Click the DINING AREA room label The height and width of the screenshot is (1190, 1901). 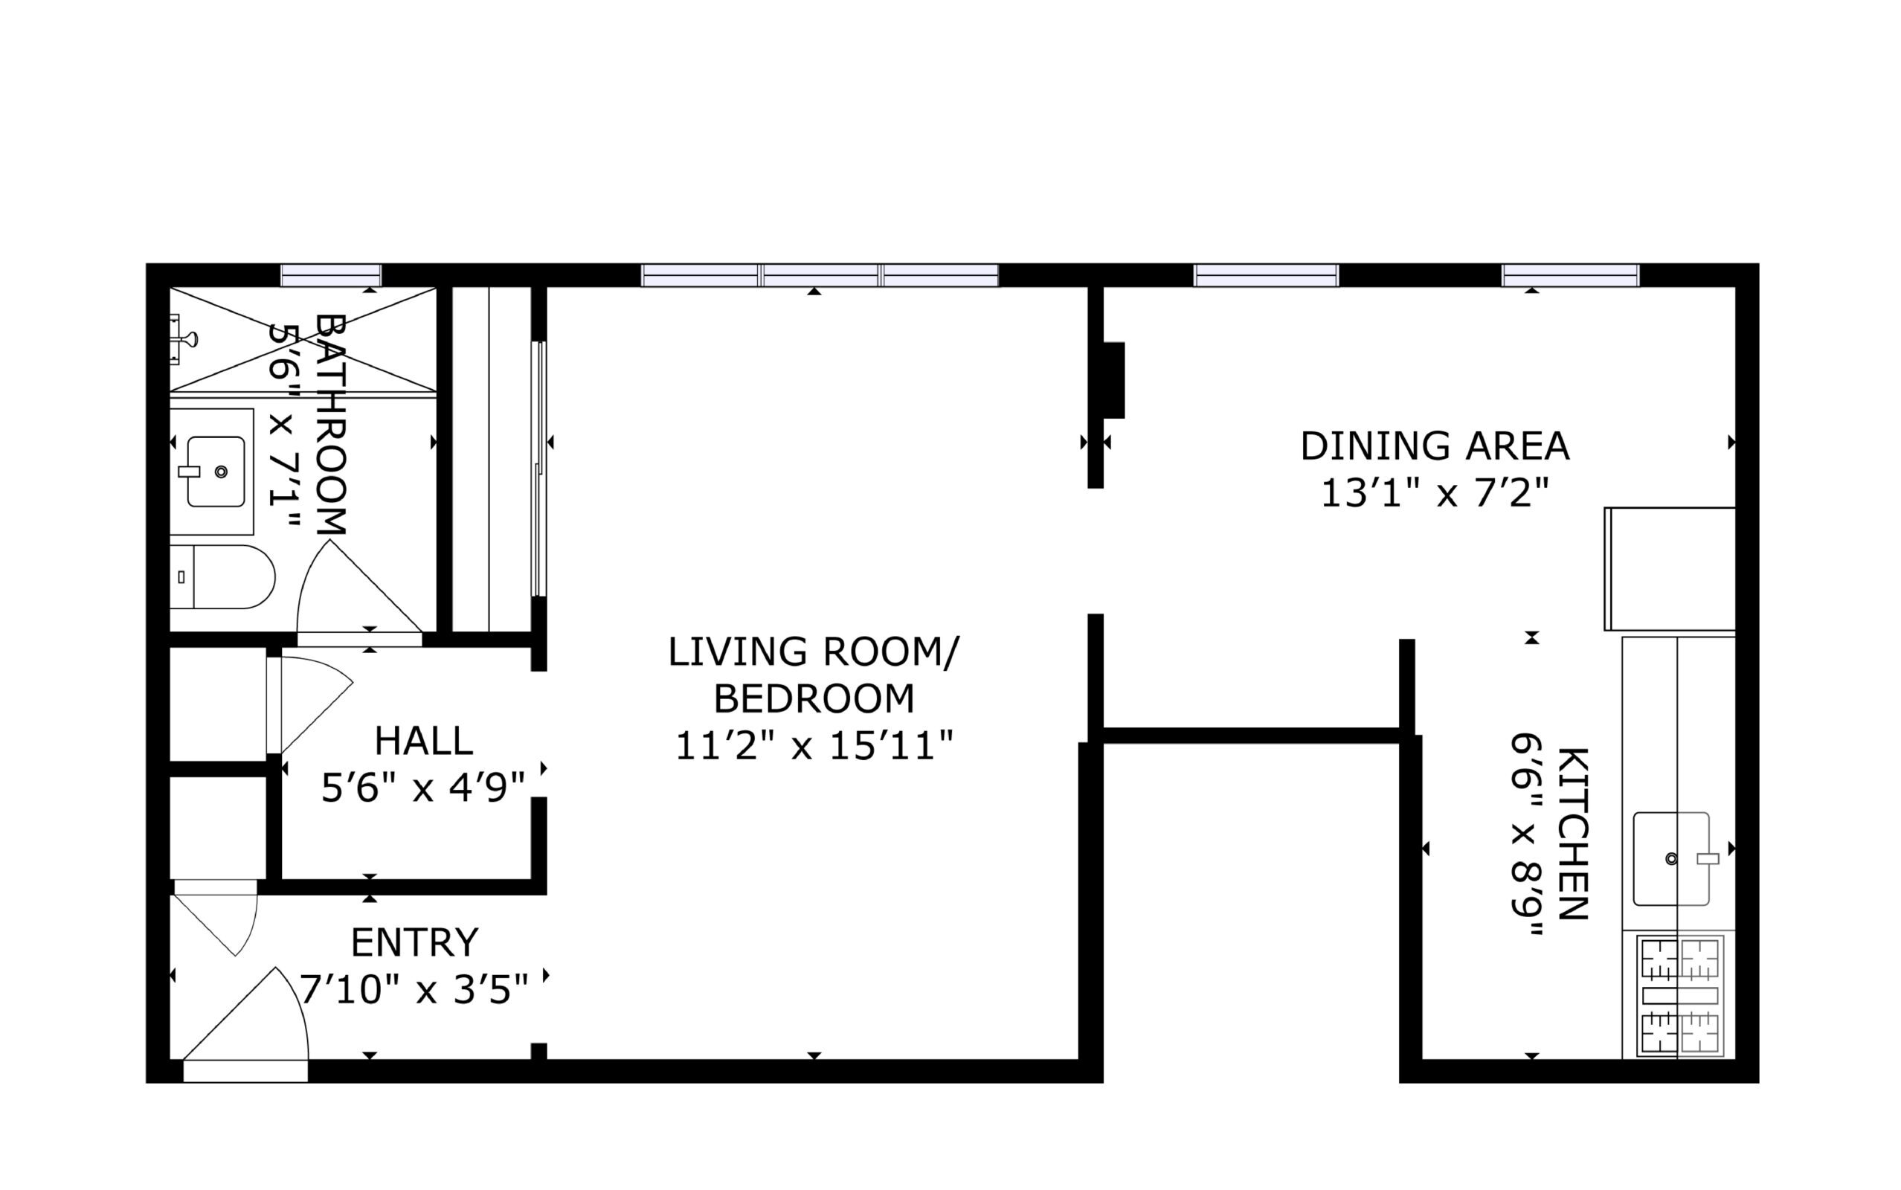[x=1435, y=446]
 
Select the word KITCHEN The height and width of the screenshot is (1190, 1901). [x=1572, y=834]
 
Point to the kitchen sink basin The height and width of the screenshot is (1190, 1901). [x=1671, y=858]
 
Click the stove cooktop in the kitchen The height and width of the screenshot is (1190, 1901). [x=1680, y=997]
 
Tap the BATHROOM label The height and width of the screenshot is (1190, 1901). [x=330, y=425]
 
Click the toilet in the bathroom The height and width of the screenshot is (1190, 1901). [x=222, y=577]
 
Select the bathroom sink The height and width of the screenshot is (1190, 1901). [x=216, y=472]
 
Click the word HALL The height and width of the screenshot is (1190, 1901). [x=423, y=741]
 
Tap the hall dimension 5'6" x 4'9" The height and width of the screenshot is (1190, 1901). [x=423, y=787]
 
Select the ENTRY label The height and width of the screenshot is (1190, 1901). [x=415, y=942]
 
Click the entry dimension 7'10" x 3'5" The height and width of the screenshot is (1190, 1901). [x=415, y=989]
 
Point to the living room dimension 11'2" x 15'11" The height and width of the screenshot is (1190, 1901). [x=814, y=744]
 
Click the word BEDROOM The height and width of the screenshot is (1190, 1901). [x=814, y=698]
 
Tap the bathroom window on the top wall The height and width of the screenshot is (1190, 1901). [x=331, y=275]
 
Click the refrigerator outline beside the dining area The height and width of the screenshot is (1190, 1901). [x=1670, y=568]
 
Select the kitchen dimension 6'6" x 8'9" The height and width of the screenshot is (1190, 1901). [x=1526, y=834]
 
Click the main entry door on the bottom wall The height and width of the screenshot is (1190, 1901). [x=245, y=1071]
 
